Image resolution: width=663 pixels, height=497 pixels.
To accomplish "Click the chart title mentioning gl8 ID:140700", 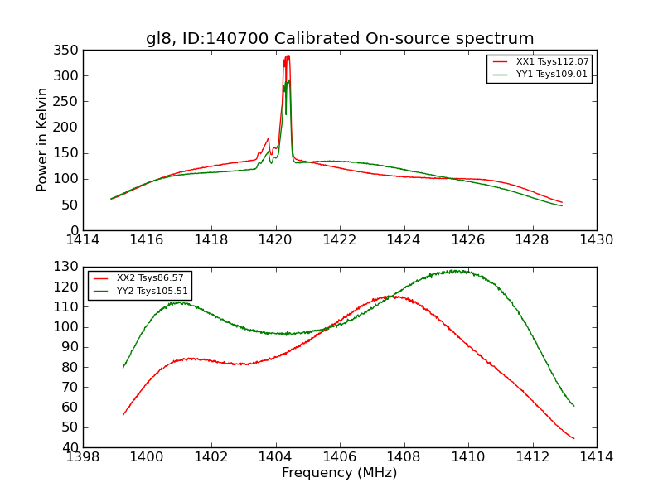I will [340, 39].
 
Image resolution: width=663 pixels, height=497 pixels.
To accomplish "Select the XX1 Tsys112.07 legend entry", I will [551, 62].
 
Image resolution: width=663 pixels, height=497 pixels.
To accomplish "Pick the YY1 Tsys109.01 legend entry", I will [551, 74].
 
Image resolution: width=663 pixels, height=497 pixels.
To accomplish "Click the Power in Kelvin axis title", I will [42, 140].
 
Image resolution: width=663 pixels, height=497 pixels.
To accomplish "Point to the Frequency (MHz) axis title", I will [340, 473].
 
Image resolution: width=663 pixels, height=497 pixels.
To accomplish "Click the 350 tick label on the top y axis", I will [68, 51].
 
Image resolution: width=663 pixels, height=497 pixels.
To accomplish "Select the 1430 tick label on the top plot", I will [596, 240].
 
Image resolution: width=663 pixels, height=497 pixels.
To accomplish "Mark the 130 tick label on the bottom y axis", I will [68, 268].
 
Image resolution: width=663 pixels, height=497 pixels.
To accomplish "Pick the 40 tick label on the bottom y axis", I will [71, 447].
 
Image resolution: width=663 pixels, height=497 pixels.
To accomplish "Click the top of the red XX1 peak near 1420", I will [287, 57].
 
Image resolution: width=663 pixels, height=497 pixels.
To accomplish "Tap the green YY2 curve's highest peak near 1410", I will [456, 271].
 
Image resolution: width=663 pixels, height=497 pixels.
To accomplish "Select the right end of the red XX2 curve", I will [573, 438].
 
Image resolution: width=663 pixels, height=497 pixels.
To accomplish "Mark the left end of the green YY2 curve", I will [123, 367].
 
